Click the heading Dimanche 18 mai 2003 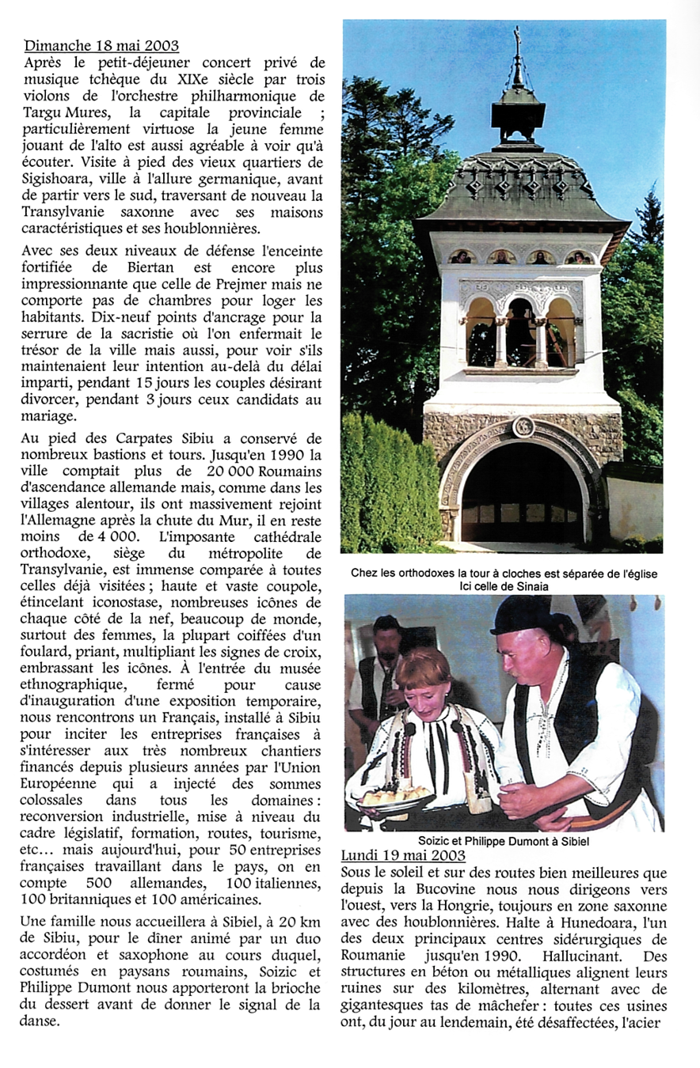(101, 45)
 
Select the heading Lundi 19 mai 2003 (403, 856)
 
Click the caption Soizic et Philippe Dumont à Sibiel (504, 841)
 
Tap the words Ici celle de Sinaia (504, 587)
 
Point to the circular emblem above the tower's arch (523, 427)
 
